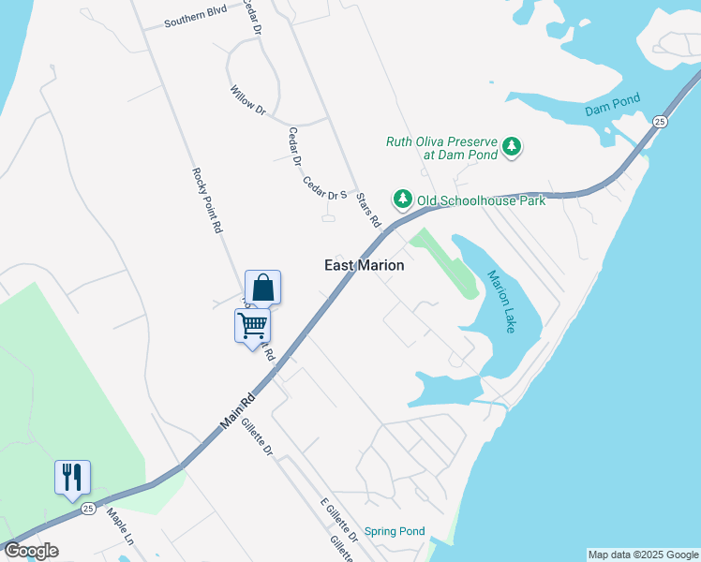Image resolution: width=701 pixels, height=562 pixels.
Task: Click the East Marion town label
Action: point(365,265)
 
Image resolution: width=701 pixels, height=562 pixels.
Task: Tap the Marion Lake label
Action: point(501,301)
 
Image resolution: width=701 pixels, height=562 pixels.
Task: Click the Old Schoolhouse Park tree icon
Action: point(403,199)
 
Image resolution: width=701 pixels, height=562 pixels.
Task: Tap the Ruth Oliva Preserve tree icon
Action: point(512,146)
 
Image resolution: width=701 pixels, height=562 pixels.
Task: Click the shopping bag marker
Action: point(263,288)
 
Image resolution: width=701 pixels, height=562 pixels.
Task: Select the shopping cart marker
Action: point(252,326)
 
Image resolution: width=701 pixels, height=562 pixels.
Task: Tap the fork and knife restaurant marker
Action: point(72,477)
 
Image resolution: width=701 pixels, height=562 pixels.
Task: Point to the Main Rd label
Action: point(238,411)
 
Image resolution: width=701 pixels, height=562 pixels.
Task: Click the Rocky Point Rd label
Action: point(206,200)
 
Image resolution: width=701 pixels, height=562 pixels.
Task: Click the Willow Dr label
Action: point(248,100)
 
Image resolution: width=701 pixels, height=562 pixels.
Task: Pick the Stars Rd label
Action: point(370,211)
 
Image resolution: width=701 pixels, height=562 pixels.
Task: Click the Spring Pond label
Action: point(395,530)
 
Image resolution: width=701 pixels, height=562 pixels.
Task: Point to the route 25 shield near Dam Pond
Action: point(661,122)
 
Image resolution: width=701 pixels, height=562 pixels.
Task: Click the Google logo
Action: point(32,551)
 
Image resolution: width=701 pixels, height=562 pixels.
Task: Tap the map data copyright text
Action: point(642,555)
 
